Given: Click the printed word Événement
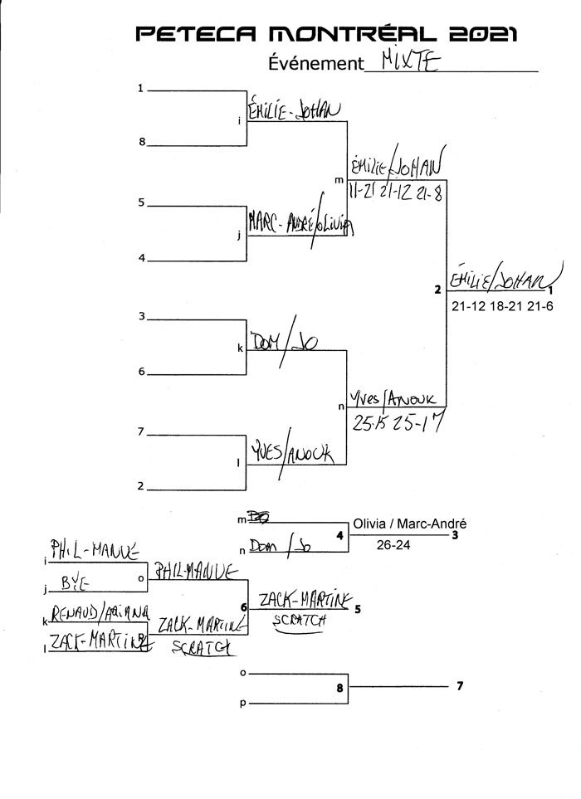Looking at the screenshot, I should click(316, 64).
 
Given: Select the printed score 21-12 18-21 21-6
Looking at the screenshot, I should click(502, 306).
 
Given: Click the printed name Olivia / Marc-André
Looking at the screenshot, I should click(409, 524).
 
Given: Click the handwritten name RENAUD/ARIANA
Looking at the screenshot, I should click(98, 612).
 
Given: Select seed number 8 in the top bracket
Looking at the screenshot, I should click(142, 143).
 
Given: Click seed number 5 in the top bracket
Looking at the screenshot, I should click(142, 202).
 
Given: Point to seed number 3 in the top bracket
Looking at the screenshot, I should click(142, 316).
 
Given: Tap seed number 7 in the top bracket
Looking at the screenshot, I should click(142, 432).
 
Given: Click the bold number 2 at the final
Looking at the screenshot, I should click(437, 290).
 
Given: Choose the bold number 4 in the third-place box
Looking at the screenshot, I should click(339, 535).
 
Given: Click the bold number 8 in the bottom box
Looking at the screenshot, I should click(339, 687).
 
